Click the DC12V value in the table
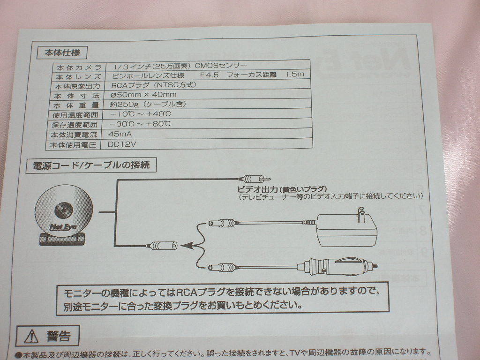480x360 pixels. point(121,144)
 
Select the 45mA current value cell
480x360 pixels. point(120,135)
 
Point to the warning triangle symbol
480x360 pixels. point(31,336)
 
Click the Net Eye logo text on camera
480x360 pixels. point(62,227)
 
